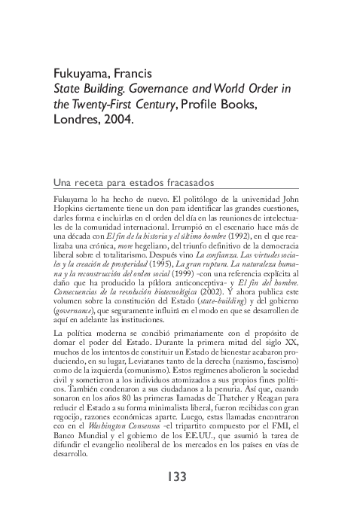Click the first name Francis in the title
130,74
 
